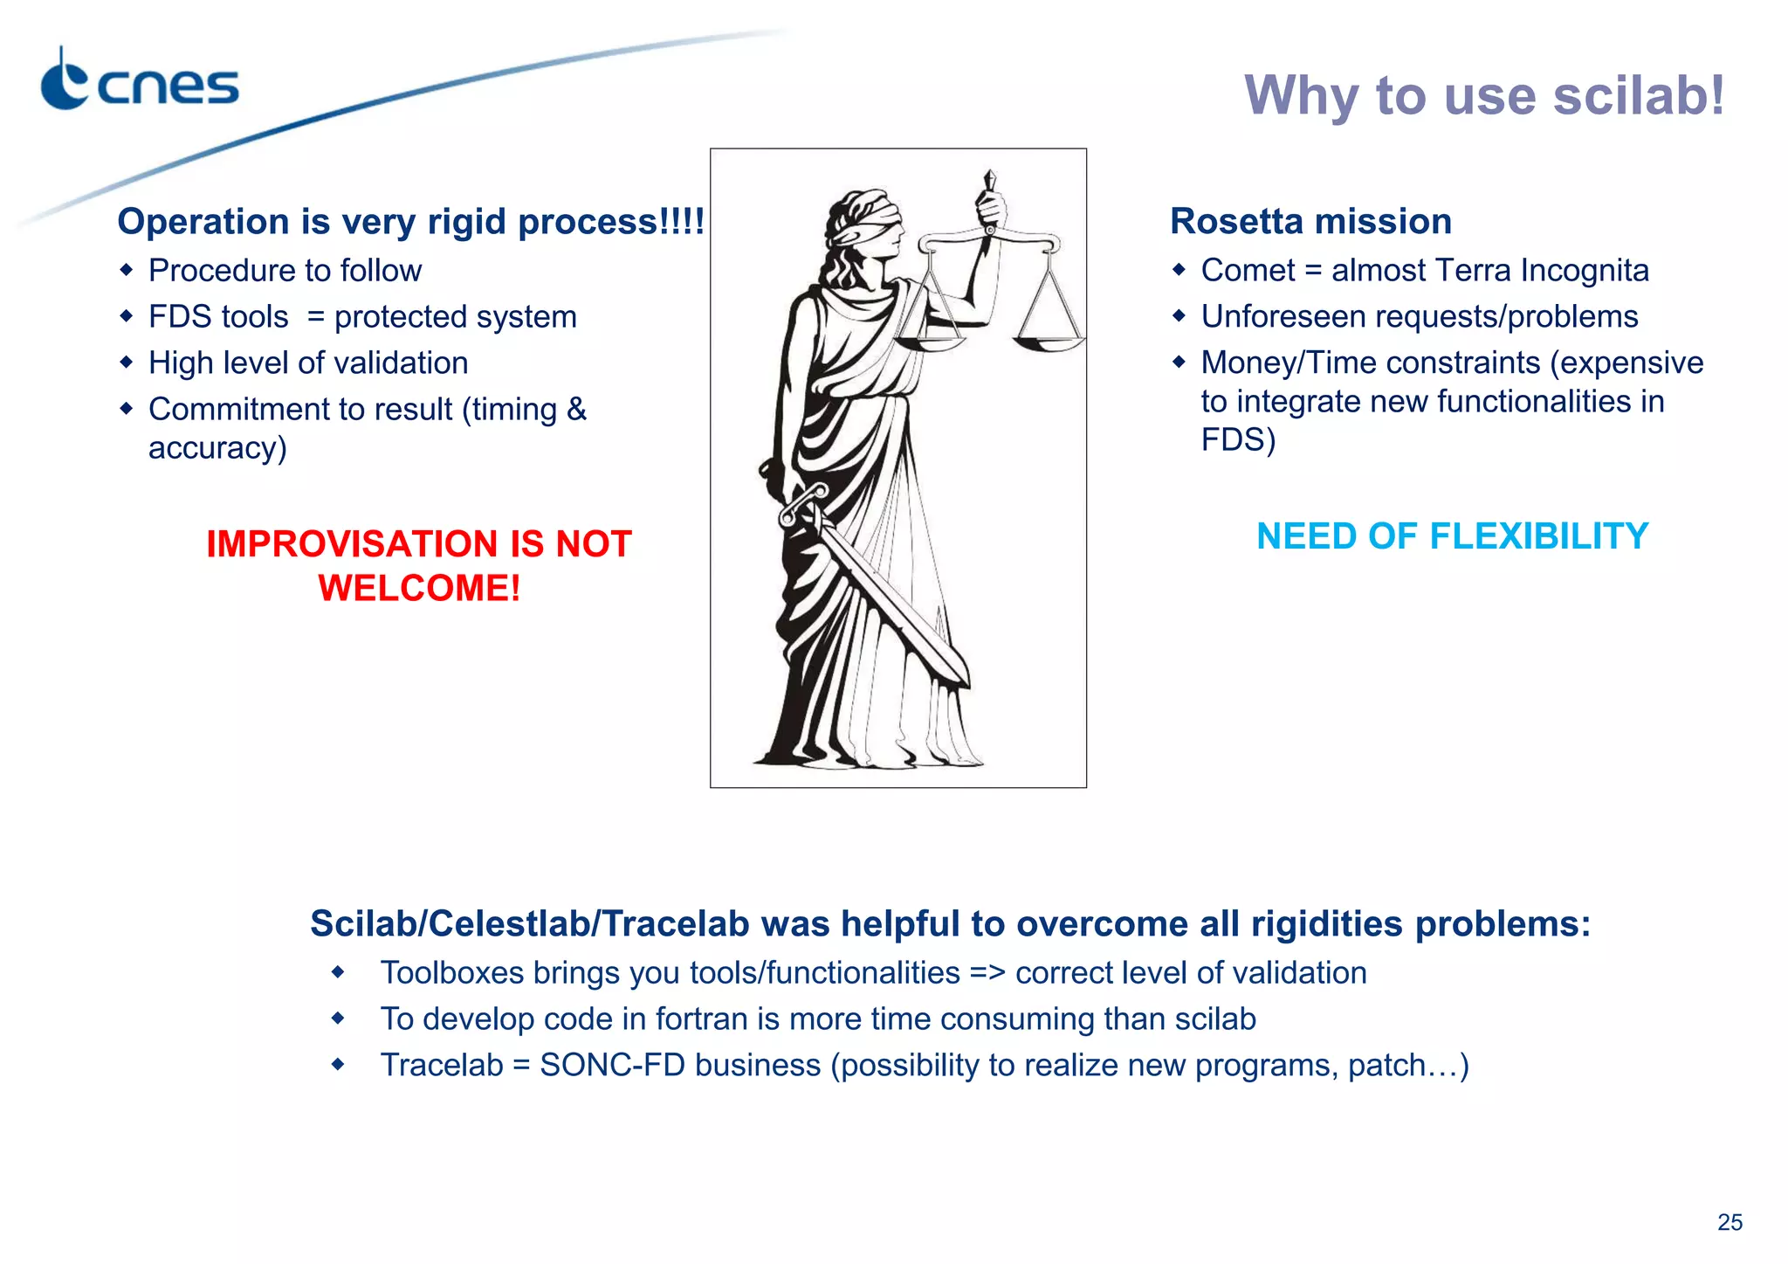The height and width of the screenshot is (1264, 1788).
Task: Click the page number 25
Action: [1729, 1222]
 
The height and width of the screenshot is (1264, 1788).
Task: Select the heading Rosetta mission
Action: [1310, 222]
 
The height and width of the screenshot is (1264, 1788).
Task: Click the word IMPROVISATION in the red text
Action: [354, 544]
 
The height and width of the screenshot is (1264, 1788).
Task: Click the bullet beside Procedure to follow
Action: [127, 270]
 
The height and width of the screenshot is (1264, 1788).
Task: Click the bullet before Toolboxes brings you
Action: [338, 972]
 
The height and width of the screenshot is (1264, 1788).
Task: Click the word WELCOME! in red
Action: [419, 588]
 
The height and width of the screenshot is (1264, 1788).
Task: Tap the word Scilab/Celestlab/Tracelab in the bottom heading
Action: [528, 924]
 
